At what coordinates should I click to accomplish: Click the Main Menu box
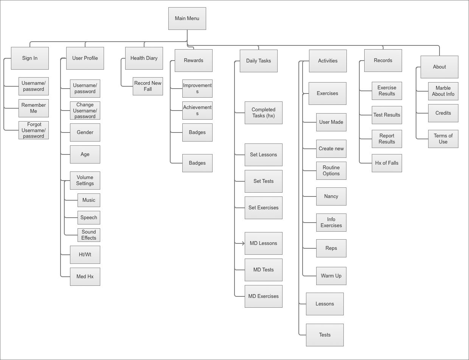[x=187, y=19]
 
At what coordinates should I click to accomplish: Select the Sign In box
[x=30, y=58]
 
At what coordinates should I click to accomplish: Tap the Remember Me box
[x=34, y=108]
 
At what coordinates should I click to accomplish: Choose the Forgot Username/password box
[x=34, y=130]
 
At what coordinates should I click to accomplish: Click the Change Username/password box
[x=85, y=111]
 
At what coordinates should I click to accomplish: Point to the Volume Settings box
[x=85, y=181]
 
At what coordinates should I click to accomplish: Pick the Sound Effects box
[x=89, y=235]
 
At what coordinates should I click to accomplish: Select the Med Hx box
[x=85, y=277]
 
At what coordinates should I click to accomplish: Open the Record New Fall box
[x=148, y=86]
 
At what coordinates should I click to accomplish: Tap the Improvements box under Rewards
[x=197, y=89]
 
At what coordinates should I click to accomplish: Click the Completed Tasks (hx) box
[x=264, y=113]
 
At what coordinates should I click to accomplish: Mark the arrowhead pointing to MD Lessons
[x=243, y=243]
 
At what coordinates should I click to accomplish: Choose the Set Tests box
[x=264, y=181]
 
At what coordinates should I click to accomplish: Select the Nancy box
[x=331, y=196]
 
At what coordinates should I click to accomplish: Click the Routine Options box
[x=331, y=171]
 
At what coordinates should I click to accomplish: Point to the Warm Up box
[x=331, y=276]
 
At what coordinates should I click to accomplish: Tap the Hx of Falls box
[x=387, y=163]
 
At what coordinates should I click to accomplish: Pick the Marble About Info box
[x=443, y=91]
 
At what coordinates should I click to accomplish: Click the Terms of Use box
[x=443, y=139]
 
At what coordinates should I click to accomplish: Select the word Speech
[x=89, y=218]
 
